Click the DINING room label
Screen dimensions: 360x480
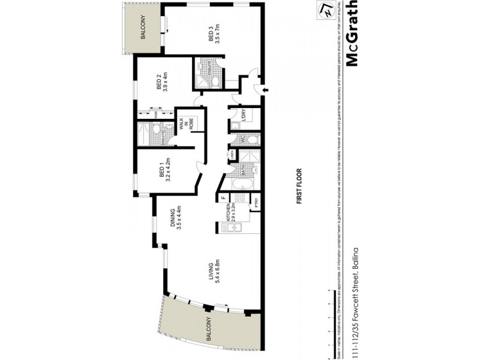click(x=176, y=219)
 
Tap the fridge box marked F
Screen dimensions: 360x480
click(x=222, y=197)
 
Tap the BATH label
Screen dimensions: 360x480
click(x=243, y=170)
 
